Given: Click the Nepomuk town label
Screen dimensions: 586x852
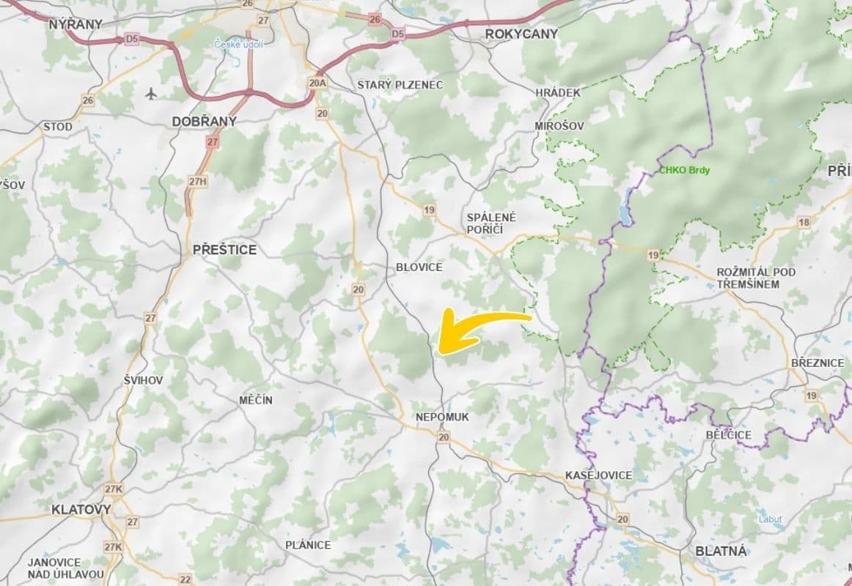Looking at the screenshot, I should pos(442,417).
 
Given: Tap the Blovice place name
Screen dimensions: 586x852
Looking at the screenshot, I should pos(419,267).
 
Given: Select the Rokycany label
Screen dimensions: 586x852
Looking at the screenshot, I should pos(521,34).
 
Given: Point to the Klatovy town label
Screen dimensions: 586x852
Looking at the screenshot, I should pos(81,509).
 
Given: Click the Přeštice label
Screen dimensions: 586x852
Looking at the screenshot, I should pos(224,250).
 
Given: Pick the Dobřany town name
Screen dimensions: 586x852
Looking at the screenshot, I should pos(204,122).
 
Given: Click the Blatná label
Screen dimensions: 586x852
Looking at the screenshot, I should pos(720,552).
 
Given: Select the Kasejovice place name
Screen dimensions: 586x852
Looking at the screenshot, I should pos(598,475).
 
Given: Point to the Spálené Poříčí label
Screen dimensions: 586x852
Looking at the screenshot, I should pos(491,223).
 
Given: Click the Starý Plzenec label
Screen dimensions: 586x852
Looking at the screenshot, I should pos(400,85).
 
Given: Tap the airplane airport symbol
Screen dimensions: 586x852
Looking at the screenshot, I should pos(152,94).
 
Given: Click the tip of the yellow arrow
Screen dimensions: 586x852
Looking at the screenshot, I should pos(440,352).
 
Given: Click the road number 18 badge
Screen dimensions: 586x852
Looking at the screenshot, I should pos(805,222).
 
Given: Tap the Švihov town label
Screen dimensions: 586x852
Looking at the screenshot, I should pos(143,380).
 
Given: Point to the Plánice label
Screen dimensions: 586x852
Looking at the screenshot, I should pos(308,545).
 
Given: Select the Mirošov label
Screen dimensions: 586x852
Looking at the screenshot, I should pos(559,126).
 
